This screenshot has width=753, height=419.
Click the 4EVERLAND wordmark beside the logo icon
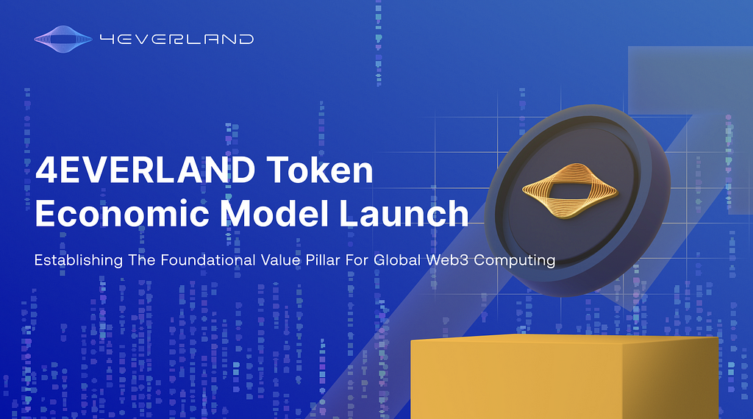tap(176, 38)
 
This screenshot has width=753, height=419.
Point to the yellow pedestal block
tap(563, 379)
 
